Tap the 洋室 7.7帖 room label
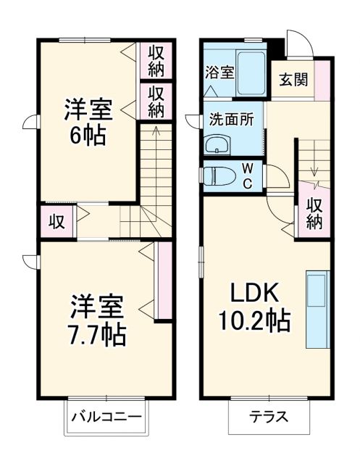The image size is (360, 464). (98, 320)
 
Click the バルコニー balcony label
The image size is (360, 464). (106, 417)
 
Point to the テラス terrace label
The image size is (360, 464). (269, 418)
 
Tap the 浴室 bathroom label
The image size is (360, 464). (219, 72)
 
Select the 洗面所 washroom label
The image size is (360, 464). (231, 119)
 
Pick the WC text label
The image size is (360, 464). (247, 175)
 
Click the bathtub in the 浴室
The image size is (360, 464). (253, 72)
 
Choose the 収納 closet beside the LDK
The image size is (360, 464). (314, 213)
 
